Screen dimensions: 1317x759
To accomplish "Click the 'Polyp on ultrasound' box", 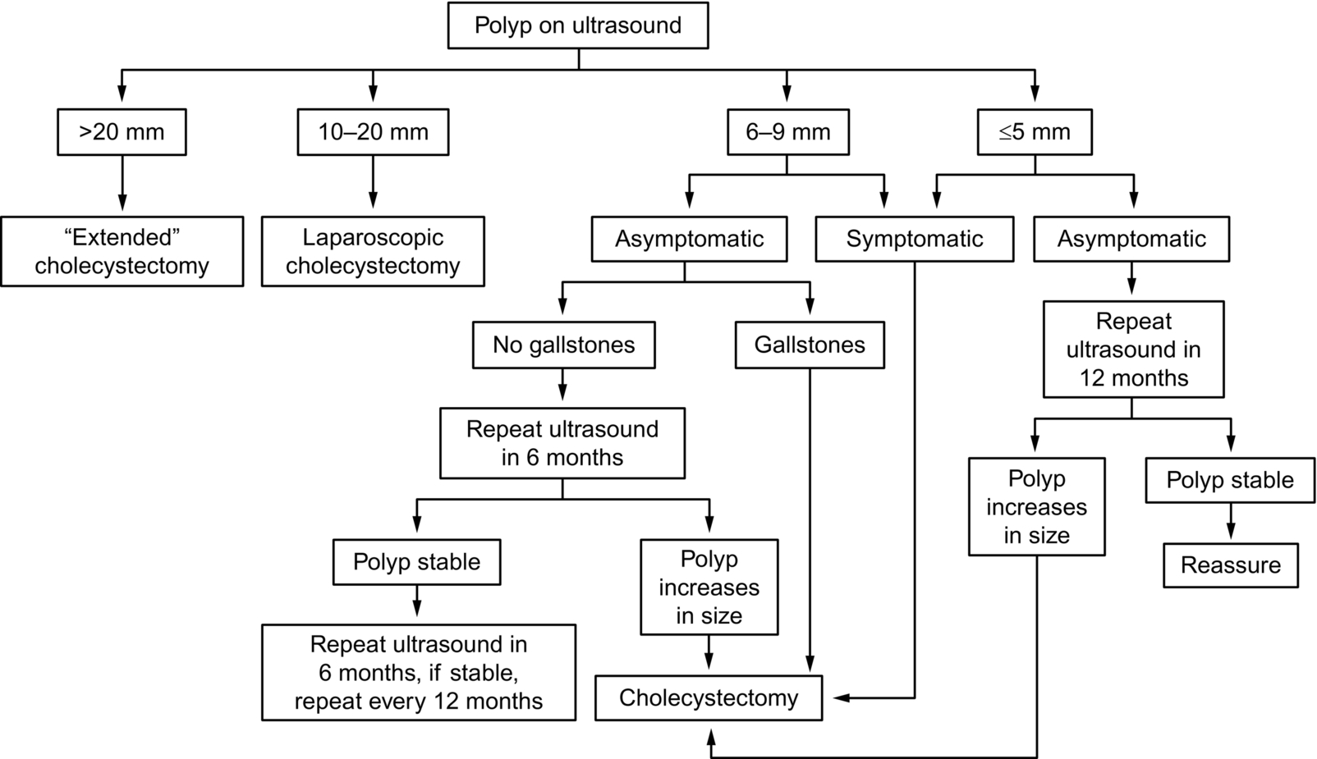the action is click(578, 25).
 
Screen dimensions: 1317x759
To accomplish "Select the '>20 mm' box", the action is click(122, 131).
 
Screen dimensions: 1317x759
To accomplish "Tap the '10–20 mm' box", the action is click(373, 131).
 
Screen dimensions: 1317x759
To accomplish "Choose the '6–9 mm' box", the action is click(788, 131).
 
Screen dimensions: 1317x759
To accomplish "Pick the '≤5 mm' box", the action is click(1035, 131).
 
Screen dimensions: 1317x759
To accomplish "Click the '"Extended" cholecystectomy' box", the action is click(122, 251).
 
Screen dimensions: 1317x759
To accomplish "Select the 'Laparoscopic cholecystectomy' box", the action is click(373, 251).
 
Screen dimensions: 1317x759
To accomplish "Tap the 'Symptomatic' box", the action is click(914, 239).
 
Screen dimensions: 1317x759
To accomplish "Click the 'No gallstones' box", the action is click(563, 345).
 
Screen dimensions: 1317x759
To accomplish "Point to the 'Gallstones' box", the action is click(810, 345).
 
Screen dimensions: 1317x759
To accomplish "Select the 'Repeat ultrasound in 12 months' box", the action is click(1134, 350).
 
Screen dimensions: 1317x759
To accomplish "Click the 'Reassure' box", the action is click(1231, 565).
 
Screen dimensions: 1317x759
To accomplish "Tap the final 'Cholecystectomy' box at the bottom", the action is click(709, 698).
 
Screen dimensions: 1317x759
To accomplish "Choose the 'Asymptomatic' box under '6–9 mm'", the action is click(689, 239).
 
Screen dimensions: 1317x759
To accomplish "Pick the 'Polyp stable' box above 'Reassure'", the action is click(1230, 480).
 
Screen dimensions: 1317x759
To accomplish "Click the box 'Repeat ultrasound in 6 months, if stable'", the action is click(419, 673).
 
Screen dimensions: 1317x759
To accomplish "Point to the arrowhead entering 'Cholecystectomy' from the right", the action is click(842, 698).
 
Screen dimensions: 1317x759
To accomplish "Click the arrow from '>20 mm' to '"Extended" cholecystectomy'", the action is click(122, 183).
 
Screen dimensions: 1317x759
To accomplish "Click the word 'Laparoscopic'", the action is click(373, 238).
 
